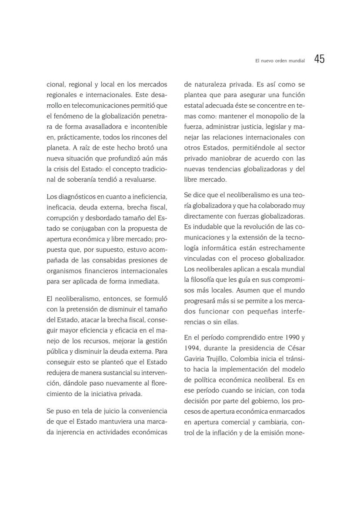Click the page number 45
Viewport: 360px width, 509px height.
tap(319, 60)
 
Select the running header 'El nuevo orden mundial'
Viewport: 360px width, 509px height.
tap(280, 61)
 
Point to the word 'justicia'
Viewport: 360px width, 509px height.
tap(248, 126)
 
